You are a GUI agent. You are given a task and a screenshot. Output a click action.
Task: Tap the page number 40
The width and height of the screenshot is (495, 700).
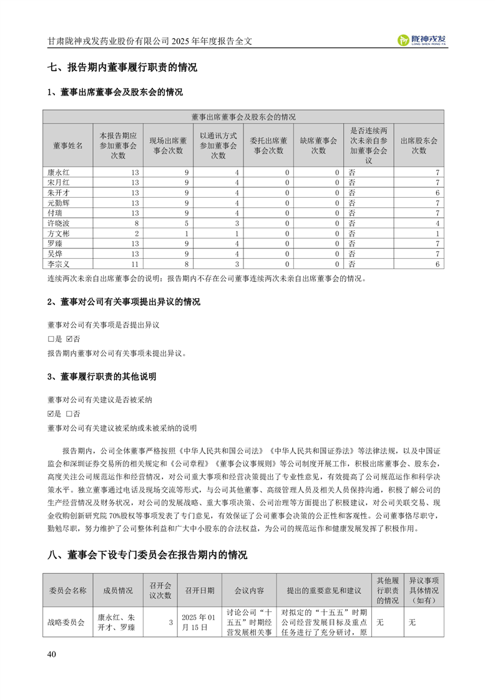52,654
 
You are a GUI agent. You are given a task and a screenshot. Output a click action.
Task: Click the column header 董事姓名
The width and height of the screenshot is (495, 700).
68,145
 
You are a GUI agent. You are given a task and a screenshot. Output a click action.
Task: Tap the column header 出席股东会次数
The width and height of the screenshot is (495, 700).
418,145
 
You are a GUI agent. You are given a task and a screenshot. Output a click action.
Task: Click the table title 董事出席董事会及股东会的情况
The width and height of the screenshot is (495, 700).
243,117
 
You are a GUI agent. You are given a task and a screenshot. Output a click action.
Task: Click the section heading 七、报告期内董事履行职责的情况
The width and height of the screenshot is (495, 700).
122,67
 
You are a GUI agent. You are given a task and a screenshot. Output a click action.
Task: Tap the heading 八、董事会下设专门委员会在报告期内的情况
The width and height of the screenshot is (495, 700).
147,555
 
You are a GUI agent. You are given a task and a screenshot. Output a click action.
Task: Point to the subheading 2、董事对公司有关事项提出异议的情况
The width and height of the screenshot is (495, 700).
124,302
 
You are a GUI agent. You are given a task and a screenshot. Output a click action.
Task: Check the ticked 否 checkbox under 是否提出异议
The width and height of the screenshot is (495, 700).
69,339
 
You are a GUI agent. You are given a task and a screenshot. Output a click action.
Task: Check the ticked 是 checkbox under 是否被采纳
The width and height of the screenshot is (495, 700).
51,414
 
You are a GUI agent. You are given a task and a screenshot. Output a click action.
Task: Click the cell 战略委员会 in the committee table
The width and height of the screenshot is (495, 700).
66,622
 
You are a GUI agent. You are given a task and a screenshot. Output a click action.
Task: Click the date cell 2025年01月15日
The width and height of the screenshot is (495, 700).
199,622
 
